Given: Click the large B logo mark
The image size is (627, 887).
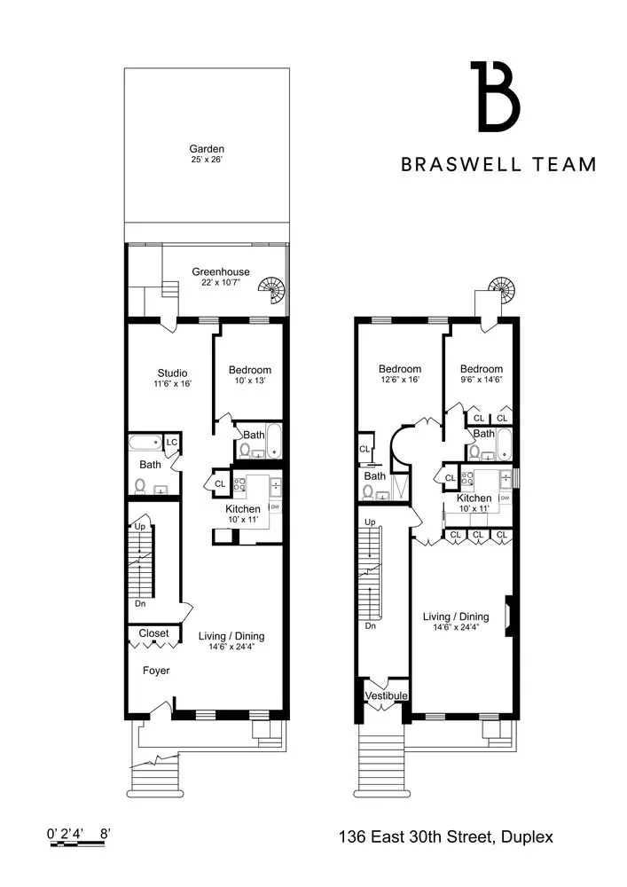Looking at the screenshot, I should pyautogui.click(x=494, y=96).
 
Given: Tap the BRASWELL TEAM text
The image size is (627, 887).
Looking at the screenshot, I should pyautogui.click(x=498, y=164).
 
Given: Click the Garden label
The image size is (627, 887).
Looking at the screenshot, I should pyautogui.click(x=206, y=149).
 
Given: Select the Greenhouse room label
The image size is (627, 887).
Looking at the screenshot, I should pyautogui.click(x=221, y=271).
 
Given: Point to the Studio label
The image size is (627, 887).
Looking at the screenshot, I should pyautogui.click(x=172, y=373).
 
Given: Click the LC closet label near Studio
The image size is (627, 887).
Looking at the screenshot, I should pyautogui.click(x=171, y=443).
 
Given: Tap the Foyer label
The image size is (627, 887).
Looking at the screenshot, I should pyautogui.click(x=156, y=671).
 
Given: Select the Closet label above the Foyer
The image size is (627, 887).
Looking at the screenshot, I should pyautogui.click(x=153, y=634).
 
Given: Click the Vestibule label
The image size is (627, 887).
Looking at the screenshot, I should pyautogui.click(x=386, y=696).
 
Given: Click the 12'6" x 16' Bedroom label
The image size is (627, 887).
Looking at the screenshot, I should pyautogui.click(x=399, y=369).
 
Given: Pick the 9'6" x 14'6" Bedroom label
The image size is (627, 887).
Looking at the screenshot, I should pyautogui.click(x=482, y=369).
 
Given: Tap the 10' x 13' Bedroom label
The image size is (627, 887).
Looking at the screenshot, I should pyautogui.click(x=249, y=370).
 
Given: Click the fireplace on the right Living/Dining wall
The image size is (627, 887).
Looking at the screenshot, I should pyautogui.click(x=508, y=614).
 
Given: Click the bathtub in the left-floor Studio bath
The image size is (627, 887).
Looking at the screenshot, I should pyautogui.click(x=145, y=442).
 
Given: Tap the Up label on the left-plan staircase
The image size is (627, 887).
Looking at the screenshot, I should pyautogui.click(x=138, y=527).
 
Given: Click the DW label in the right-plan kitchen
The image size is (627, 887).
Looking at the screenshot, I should pyautogui.click(x=505, y=498).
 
